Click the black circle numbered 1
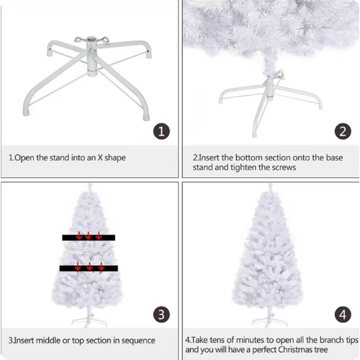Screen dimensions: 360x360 (x=161, y=131)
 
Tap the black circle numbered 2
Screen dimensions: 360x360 (x=343, y=131)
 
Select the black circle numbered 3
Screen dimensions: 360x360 (x=161, y=315)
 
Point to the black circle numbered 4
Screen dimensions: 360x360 (x=343, y=315)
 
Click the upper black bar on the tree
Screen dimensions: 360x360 (x=89, y=238)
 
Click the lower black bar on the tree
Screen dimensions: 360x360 (x=89, y=269)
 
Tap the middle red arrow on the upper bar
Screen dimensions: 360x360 (x=88, y=235)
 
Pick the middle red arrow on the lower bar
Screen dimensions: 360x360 (x=89, y=266)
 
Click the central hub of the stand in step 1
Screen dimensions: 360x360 (x=91, y=56)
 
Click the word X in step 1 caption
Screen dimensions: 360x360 (x=100, y=158)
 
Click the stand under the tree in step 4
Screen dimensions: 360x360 (x=269, y=320)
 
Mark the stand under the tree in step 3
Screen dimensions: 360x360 (x=89, y=320)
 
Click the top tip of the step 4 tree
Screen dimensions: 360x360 (x=271, y=184)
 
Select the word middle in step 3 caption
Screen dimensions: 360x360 (x=48, y=341)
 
